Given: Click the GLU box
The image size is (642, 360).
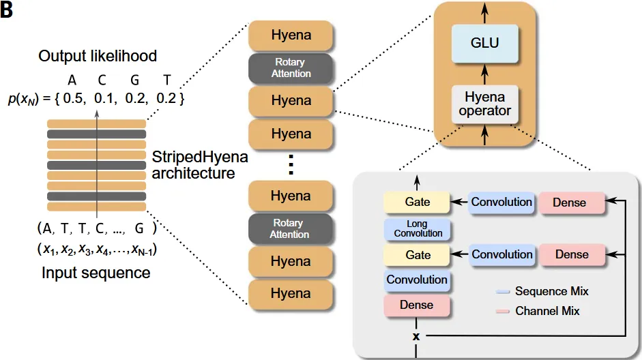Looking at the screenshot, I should click(484, 43).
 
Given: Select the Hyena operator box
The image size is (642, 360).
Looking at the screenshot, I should click(484, 104).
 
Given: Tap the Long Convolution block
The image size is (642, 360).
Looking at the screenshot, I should click(418, 228).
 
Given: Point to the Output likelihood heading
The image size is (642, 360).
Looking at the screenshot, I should click(98, 55).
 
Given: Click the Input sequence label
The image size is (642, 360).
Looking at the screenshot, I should click(96, 273).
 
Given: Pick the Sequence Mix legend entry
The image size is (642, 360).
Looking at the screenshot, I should click(551, 291).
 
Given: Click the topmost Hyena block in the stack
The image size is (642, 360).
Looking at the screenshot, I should click(291, 34).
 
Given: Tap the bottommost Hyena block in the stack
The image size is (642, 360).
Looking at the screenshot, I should click(291, 294).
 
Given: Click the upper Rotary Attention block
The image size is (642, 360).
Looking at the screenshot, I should click(291, 68).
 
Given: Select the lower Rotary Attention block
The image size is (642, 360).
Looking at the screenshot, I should click(291, 228).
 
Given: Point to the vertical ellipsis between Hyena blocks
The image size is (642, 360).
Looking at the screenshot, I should click(290, 164).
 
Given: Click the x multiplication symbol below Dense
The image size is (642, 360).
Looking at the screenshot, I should click(416, 336).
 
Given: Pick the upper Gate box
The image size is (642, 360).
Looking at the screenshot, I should click(418, 202).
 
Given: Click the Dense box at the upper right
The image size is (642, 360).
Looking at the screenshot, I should click(572, 202).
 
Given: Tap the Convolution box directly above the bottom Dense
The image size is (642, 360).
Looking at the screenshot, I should click(417, 280).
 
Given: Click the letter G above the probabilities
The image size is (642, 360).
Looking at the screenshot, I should click(134, 79).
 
